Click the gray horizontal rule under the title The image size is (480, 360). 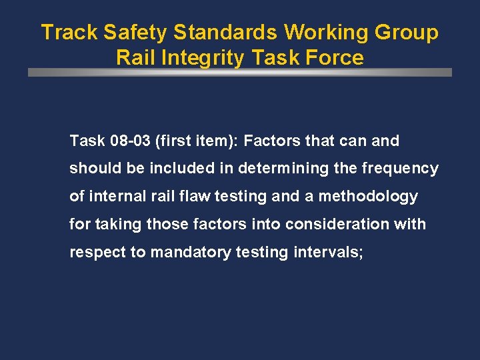(x=240, y=73)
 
